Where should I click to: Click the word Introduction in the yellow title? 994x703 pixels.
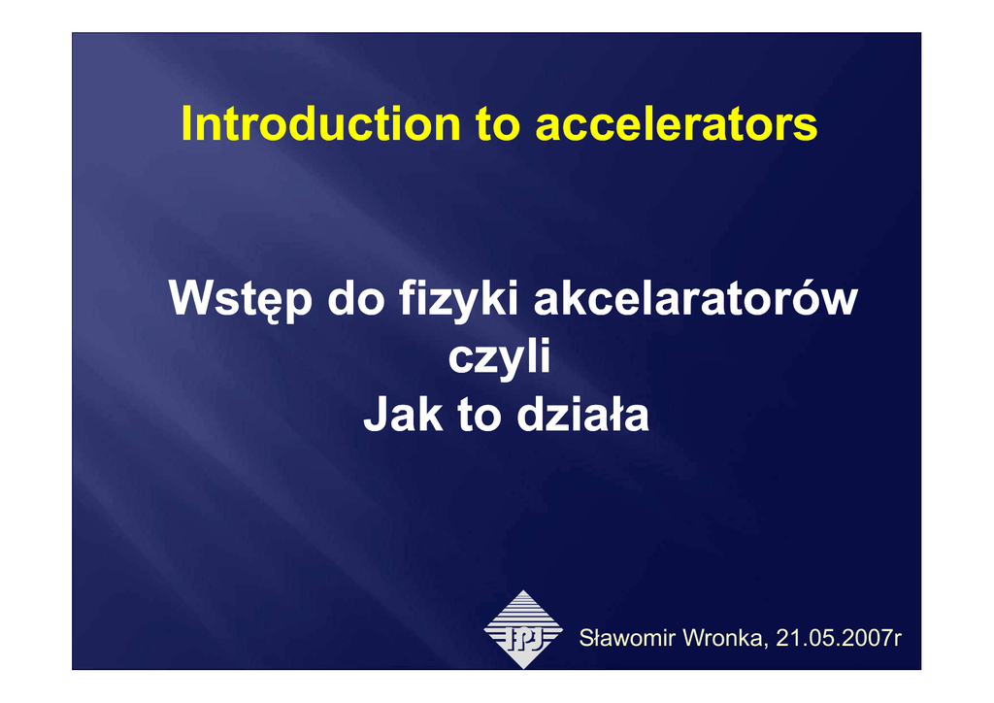[320, 123]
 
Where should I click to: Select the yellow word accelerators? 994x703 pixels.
[677, 123]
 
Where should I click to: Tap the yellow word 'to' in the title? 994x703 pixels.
[498, 125]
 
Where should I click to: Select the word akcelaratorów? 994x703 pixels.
[695, 297]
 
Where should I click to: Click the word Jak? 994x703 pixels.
[403, 415]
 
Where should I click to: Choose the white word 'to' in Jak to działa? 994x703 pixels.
[479, 417]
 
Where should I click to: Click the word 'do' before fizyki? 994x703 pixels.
[355, 297]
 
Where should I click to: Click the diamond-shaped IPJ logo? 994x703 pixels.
[523, 629]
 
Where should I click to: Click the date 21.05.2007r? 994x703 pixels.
[839, 638]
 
